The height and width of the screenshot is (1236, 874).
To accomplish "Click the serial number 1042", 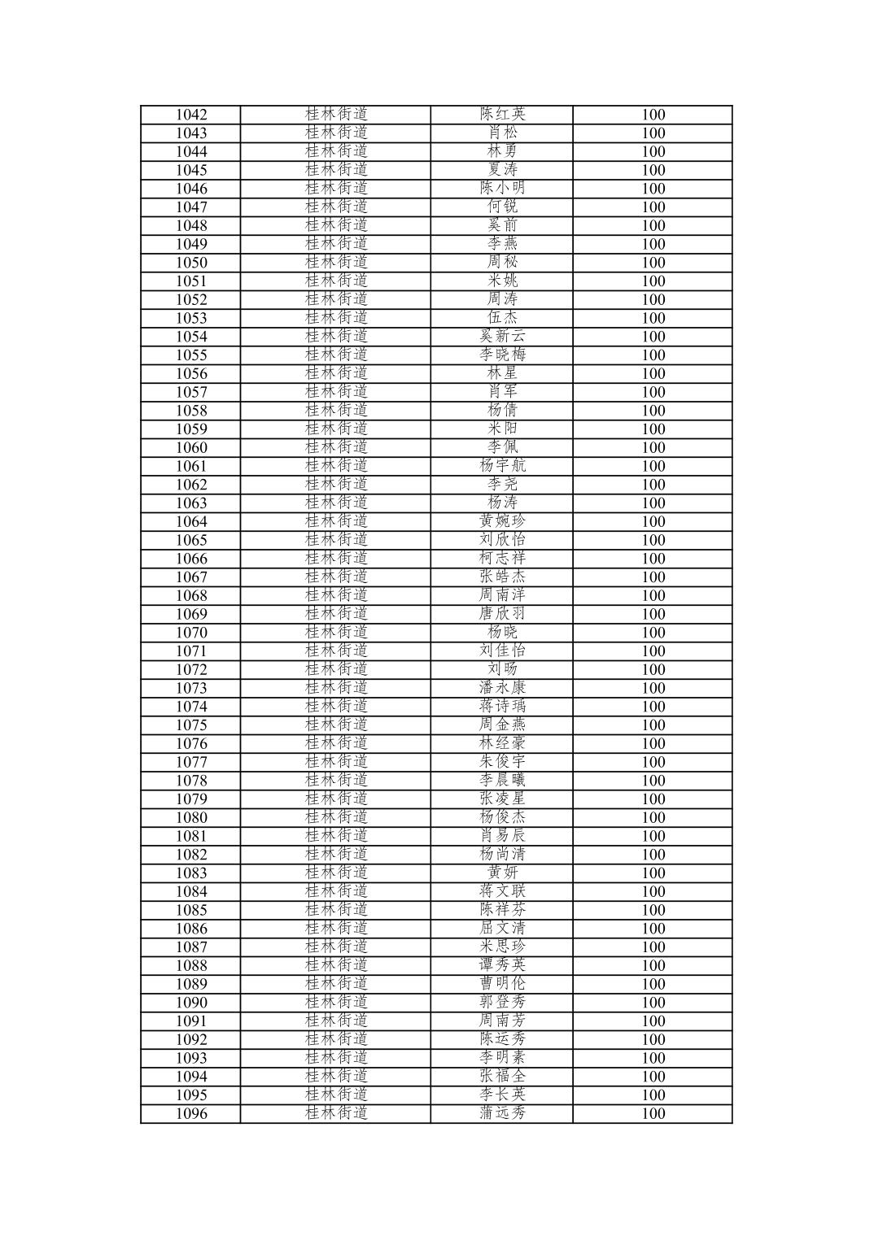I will pos(191,115).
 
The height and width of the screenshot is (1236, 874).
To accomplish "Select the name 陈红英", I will pos(502,115).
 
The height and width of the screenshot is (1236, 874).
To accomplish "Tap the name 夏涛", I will pos(502,170).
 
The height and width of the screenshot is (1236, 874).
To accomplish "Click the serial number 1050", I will pos(191,263).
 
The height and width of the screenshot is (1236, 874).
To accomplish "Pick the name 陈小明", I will pos(502,189).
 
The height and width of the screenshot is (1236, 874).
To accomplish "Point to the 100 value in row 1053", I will pos(653,318).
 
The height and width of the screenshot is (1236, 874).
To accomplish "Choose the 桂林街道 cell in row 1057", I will pos(336,392).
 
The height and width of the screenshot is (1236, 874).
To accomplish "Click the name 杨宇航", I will pos(502,466).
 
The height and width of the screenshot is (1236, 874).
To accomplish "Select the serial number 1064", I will pos(191,522).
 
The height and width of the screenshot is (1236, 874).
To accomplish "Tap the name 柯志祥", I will pos(502,559).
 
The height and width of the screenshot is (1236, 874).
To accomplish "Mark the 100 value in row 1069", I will pos(653,614).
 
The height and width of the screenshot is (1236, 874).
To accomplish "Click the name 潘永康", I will pos(502,688).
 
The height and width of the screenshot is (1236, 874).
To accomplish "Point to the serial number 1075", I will pos(191,725).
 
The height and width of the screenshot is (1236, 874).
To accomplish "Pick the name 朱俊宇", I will pos(502,762).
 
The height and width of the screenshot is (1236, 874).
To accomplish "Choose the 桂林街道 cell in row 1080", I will pos(336,817).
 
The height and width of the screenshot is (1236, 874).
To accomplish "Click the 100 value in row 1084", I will pos(653,891).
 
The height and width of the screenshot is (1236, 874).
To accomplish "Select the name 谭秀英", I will pos(502,965).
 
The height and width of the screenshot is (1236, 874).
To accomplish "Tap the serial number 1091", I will pos(191,1021).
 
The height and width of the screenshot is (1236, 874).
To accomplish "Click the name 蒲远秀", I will pos(502,1113).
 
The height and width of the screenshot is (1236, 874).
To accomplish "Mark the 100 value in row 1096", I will pos(653,1113).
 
